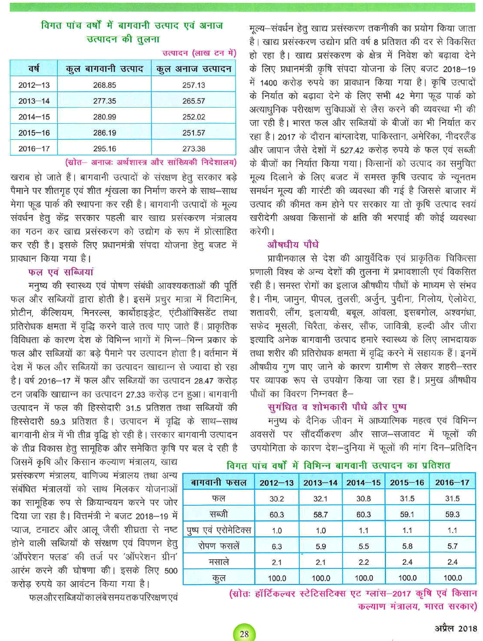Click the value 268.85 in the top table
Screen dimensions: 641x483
click(104, 85)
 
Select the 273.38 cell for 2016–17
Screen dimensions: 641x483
click(194, 149)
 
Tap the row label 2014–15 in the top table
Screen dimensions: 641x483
click(34, 117)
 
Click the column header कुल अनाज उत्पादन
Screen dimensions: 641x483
click(194, 69)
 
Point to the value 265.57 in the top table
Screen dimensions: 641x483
click(194, 101)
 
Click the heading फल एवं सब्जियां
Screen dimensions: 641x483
click(61, 272)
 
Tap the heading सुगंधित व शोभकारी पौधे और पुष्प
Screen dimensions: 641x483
click(337, 407)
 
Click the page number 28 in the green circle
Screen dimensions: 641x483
click(244, 634)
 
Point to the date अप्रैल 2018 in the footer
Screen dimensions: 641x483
click(455, 628)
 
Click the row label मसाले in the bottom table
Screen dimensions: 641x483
click(219, 562)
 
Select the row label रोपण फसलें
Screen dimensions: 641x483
click(219, 546)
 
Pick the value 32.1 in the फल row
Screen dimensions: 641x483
click(320, 498)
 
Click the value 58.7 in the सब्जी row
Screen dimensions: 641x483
click(320, 514)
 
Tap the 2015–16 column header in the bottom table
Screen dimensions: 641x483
click(407, 482)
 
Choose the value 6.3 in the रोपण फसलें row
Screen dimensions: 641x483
click(277, 546)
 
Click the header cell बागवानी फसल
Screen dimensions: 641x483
click(219, 482)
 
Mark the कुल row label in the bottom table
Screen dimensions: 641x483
click(219, 578)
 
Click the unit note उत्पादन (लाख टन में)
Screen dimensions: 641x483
click(199, 53)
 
